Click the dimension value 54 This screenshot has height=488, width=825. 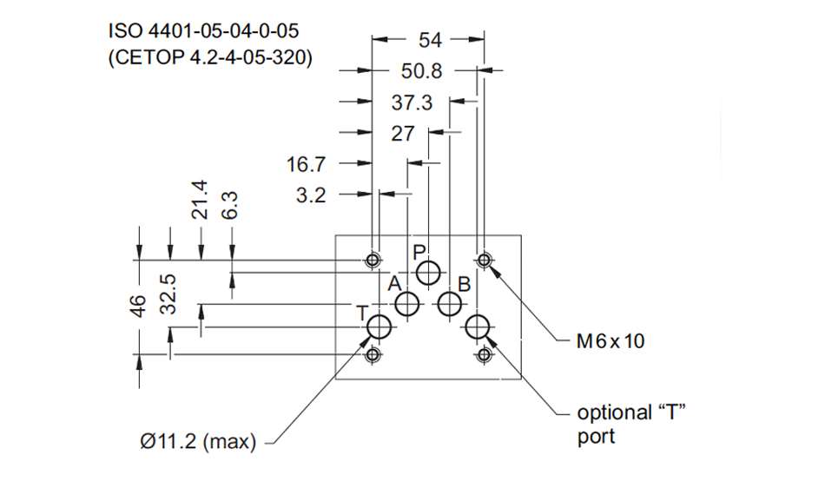430,39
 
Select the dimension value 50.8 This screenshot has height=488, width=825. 423,70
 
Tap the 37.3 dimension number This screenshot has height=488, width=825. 412,102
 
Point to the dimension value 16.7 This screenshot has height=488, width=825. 306,164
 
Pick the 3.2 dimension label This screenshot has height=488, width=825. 311,195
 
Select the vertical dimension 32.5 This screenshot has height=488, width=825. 169,292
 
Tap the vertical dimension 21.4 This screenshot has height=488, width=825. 200,200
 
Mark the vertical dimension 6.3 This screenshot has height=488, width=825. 231,206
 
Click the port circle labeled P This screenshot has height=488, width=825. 428,274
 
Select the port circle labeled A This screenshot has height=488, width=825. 407,304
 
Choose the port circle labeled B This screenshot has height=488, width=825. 449,304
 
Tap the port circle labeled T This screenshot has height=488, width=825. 379,327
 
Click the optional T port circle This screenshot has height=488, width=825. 477,327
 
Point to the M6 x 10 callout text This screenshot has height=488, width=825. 611,341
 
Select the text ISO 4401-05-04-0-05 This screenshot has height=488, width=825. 205,31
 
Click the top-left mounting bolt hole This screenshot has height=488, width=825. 373,260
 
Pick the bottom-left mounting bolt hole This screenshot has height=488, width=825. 373,354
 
